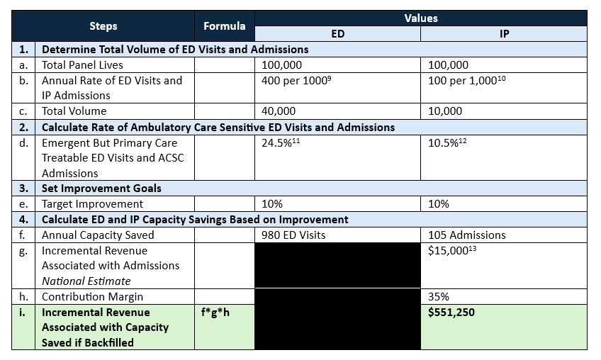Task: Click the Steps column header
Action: point(103,26)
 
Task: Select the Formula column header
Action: point(224,26)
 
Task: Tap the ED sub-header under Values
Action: point(337,34)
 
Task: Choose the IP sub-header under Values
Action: point(504,34)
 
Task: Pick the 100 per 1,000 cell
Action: point(466,81)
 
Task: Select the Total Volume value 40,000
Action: point(279,111)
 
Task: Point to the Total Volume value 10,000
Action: point(445,111)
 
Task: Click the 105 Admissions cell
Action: point(467,235)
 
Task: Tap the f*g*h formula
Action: point(216,313)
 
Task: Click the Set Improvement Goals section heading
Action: point(101,189)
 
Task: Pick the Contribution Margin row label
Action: point(92,297)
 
